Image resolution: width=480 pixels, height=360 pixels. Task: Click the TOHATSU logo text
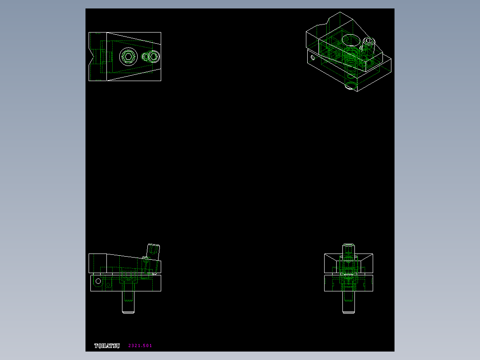[107, 346]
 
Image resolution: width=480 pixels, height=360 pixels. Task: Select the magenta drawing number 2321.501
[140, 346]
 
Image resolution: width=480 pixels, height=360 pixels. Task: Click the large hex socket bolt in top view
[128, 57]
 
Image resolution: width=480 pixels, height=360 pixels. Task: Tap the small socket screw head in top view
[154, 57]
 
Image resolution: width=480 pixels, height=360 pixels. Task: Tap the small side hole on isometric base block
[313, 57]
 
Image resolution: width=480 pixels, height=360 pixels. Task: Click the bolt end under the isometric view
[351, 86]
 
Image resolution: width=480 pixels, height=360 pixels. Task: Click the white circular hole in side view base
[98, 281]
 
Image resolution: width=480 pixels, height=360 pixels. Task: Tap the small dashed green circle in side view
[108, 284]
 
